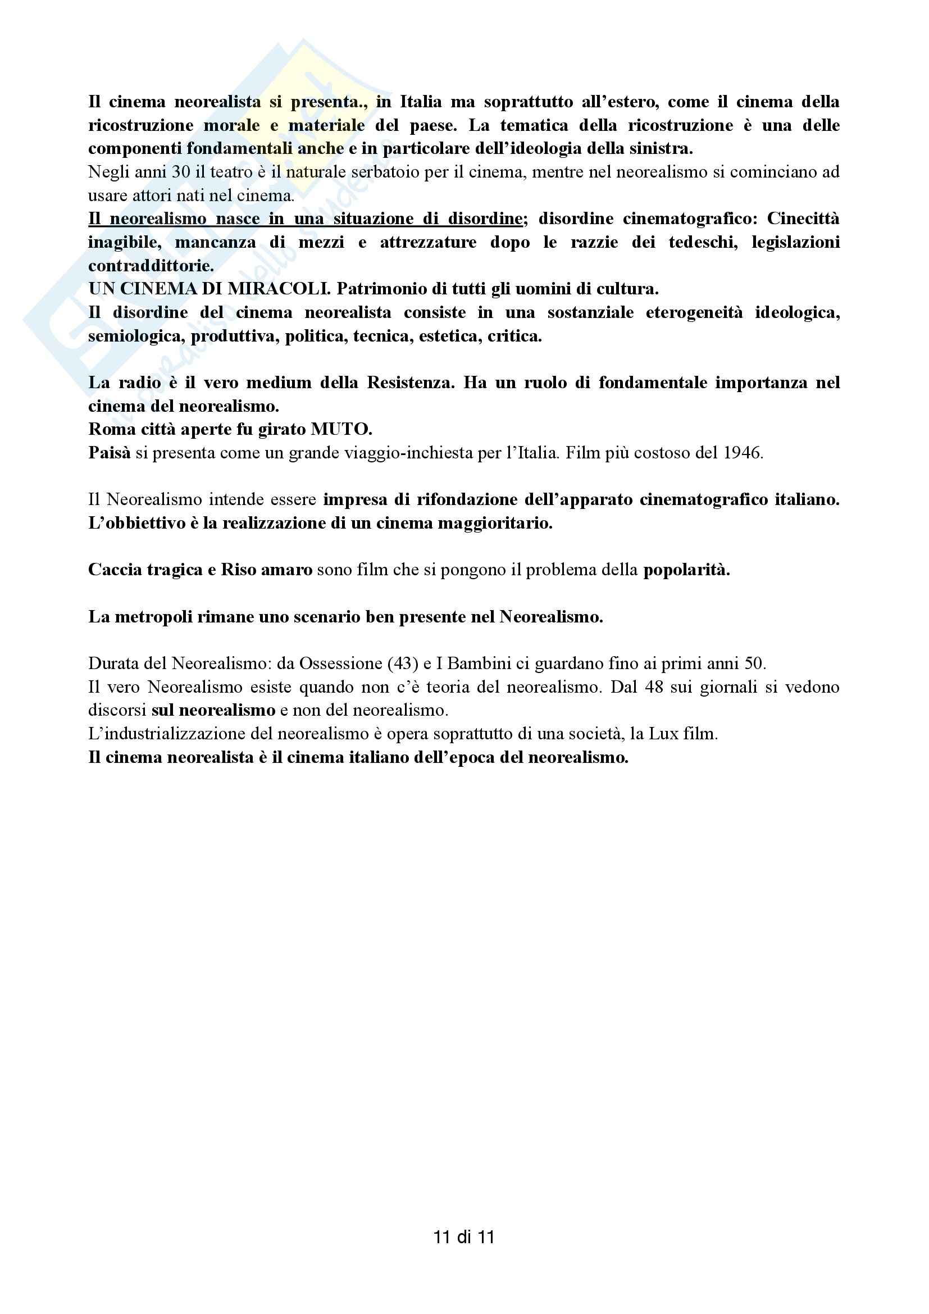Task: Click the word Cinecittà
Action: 803,219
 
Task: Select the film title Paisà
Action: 110,453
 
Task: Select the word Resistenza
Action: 410,383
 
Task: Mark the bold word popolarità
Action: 686,570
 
